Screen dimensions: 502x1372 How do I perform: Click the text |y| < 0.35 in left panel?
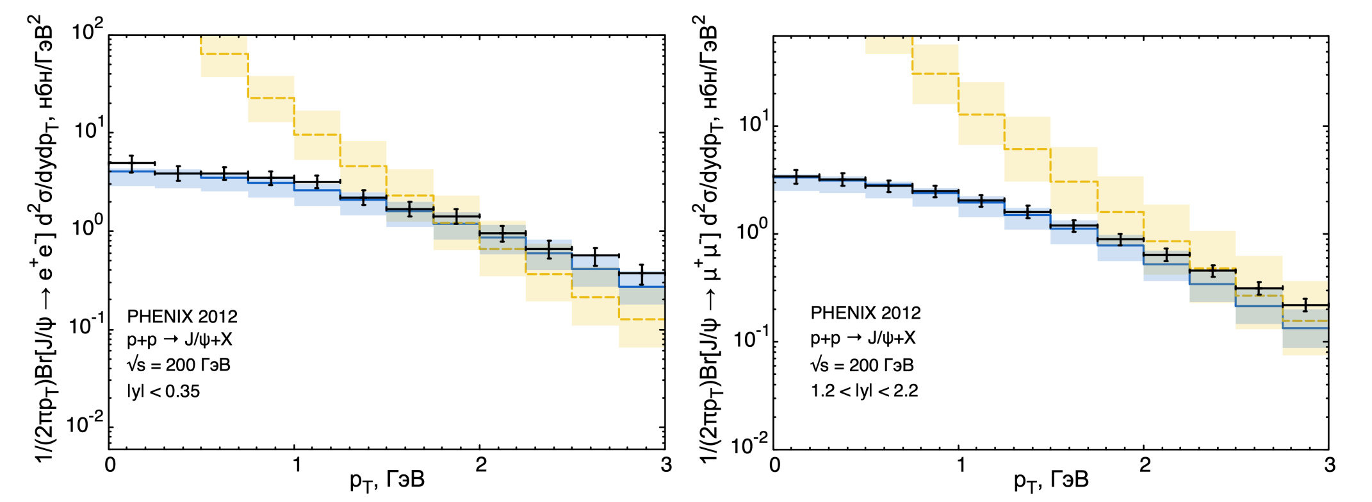pyautogui.click(x=163, y=390)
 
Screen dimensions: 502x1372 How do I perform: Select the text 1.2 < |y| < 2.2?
pyautogui.click(x=864, y=390)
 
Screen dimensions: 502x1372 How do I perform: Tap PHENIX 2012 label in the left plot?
pyautogui.click(x=182, y=317)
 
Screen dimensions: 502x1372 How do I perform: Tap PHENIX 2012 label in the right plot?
pyautogui.click(x=865, y=313)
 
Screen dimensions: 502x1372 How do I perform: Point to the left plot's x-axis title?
pyautogui.click(x=387, y=480)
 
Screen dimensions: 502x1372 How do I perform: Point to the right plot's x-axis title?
pyautogui.click(x=1051, y=480)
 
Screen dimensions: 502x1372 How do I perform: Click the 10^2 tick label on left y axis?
pyautogui.click(x=87, y=31)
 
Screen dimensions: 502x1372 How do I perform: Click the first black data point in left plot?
pyautogui.click(x=132, y=163)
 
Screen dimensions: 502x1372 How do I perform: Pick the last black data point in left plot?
pyautogui.click(x=641, y=274)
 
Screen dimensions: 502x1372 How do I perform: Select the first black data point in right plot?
pyautogui.click(x=796, y=176)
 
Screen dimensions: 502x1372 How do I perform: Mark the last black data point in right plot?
pyautogui.click(x=1305, y=305)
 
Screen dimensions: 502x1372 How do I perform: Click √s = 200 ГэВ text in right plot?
pyautogui.click(x=862, y=365)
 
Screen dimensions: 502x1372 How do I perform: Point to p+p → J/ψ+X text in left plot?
pyautogui.click(x=179, y=340)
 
